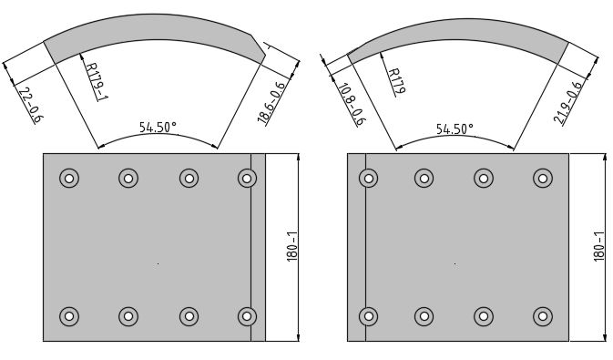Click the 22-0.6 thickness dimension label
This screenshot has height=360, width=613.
tap(31, 105)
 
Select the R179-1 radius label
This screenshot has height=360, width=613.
tap(97, 81)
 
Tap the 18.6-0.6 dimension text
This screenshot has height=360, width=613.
tap(271, 102)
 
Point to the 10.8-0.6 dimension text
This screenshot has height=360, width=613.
tap(351, 104)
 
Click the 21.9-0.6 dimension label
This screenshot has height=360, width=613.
tap(567, 102)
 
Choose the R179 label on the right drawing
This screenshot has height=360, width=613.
tap(396, 82)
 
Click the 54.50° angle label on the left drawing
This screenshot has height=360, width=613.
tap(158, 127)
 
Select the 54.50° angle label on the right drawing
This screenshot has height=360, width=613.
tap(455, 129)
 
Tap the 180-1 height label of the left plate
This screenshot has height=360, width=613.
tap(292, 246)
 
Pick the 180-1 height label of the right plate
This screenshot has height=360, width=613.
tap(599, 246)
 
